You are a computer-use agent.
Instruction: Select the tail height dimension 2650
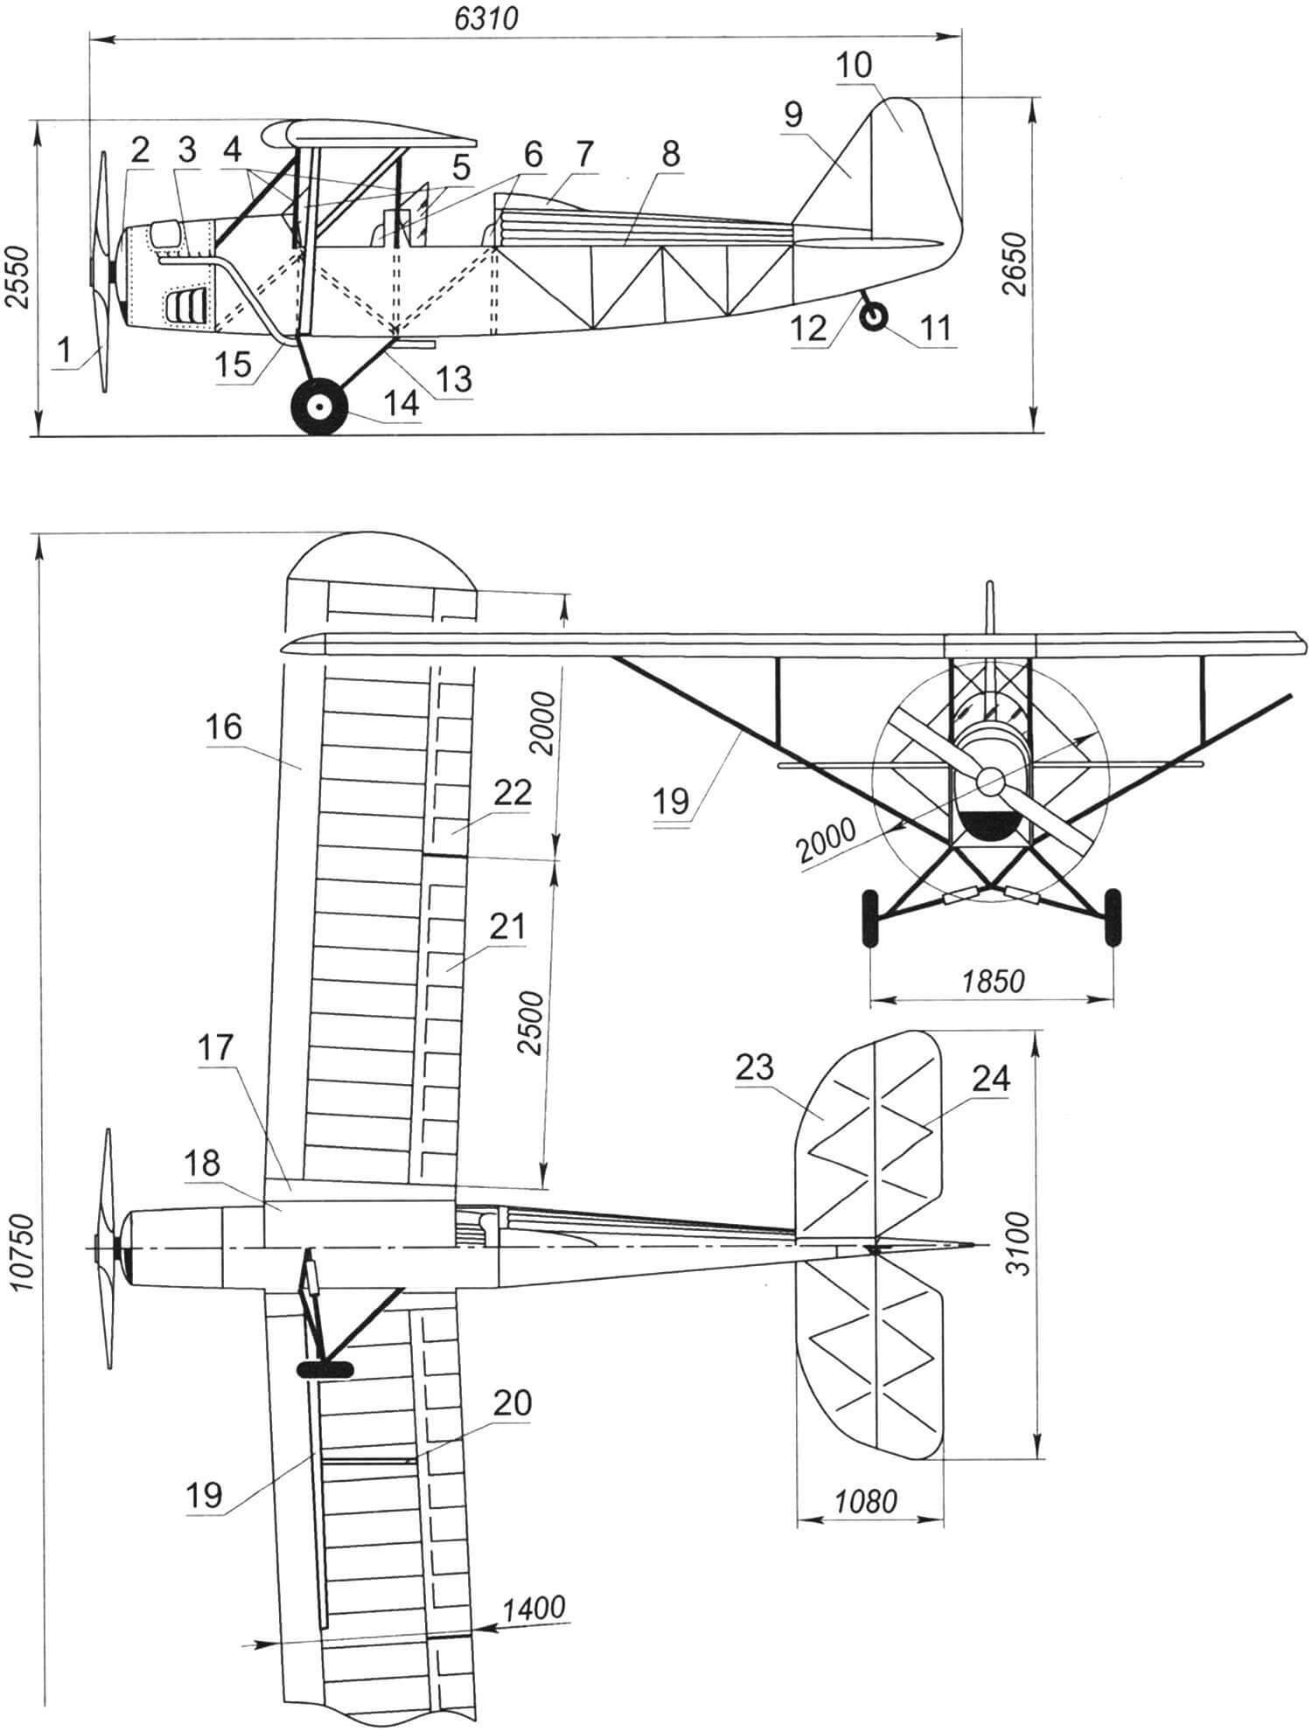point(1017,265)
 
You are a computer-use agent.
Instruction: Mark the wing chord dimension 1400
point(534,1608)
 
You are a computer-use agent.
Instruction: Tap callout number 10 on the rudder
point(854,65)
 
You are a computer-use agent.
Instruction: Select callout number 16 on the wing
point(225,727)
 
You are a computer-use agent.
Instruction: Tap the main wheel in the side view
point(320,407)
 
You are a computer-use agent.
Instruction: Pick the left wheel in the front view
point(871,919)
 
